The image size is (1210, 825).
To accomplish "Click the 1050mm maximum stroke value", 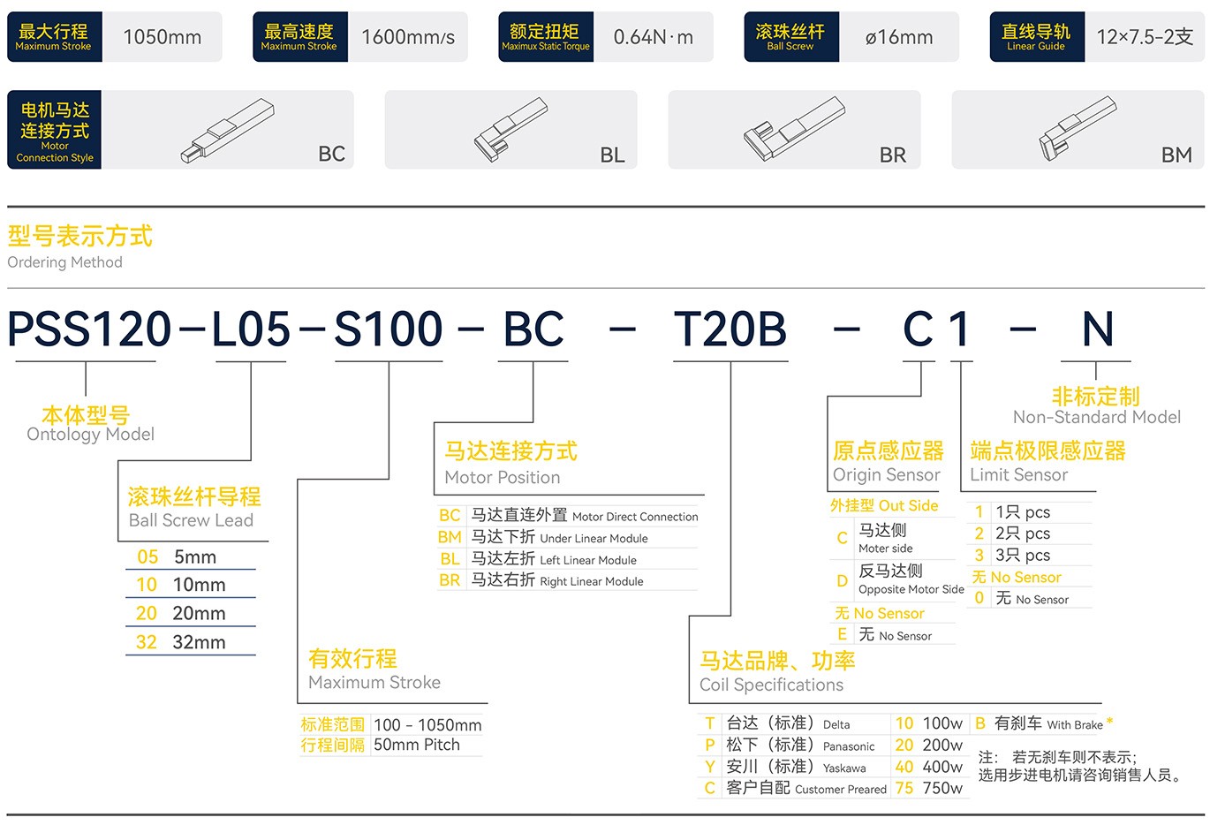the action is click(x=162, y=37).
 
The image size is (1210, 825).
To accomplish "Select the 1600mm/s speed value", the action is click(x=408, y=37).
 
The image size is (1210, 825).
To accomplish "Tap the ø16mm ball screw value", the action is click(x=899, y=37).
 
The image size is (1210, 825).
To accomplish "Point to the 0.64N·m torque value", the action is click(x=653, y=37).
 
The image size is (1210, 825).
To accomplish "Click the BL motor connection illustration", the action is click(x=510, y=130).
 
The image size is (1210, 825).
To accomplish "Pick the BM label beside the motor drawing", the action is click(x=1176, y=155).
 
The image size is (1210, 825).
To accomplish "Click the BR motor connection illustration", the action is click(x=793, y=129).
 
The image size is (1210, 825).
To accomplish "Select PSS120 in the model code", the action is click(x=89, y=329).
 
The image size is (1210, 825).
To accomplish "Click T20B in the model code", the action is click(x=730, y=329).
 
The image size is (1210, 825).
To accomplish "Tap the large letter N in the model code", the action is click(x=1098, y=329).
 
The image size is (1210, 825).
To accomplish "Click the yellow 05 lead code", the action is click(x=147, y=557).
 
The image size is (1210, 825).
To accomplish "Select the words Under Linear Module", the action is click(x=594, y=539).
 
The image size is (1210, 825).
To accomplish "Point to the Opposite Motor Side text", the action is click(x=911, y=589).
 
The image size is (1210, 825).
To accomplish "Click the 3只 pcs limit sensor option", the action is click(x=1023, y=556).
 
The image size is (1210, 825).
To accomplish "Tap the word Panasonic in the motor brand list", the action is click(x=849, y=746).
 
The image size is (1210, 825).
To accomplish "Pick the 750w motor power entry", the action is click(x=942, y=788).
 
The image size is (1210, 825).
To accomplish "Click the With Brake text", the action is click(x=1075, y=725).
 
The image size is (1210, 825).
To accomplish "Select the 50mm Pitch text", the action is click(x=417, y=745).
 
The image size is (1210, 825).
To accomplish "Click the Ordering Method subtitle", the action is click(x=64, y=262).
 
